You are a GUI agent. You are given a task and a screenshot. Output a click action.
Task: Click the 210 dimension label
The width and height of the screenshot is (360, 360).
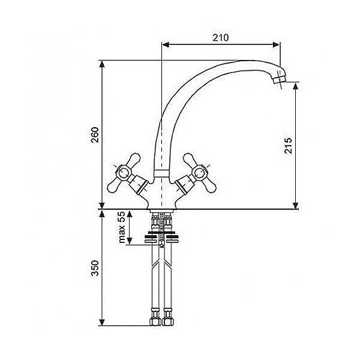tap(220, 38)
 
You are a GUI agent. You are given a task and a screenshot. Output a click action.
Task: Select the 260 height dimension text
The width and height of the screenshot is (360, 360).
tap(95, 135)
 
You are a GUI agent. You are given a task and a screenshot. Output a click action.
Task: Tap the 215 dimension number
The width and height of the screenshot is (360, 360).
tap(289, 146)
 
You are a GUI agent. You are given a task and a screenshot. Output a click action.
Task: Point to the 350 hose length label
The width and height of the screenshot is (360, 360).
tap(95, 268)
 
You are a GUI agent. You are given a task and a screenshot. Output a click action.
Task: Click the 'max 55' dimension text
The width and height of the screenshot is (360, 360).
tap(122, 227)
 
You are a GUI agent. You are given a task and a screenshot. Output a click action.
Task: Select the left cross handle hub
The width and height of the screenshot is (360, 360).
tap(123, 173)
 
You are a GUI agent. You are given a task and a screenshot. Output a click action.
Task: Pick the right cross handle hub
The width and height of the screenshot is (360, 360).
tap(199, 173)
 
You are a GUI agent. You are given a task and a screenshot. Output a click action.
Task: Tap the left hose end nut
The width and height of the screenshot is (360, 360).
tap(155, 322)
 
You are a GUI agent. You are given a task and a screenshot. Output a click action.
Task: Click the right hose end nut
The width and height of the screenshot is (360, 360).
tap(167, 322)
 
